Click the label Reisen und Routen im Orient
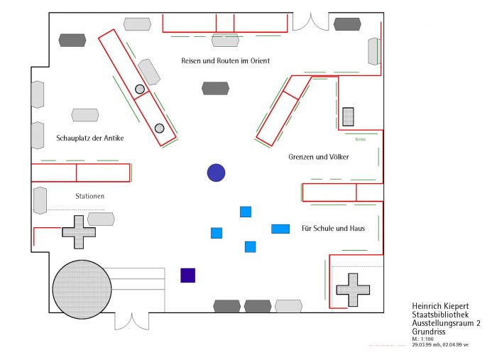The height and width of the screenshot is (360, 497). [225, 61]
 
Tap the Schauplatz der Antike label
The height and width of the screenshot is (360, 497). [90, 138]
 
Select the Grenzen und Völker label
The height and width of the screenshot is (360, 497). [319, 156]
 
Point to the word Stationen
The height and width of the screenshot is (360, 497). [90, 196]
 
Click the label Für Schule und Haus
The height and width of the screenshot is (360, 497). [333, 229]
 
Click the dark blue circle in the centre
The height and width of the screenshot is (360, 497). [216, 173]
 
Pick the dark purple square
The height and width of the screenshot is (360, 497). [187, 275]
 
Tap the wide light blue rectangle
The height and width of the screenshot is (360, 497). [280, 229]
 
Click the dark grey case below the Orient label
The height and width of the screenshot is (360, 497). [215, 89]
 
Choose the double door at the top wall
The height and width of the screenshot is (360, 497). [311, 21]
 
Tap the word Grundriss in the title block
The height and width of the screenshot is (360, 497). [426, 332]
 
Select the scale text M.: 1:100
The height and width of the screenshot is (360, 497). [424, 339]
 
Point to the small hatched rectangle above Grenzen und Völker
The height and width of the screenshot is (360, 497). [348, 116]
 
